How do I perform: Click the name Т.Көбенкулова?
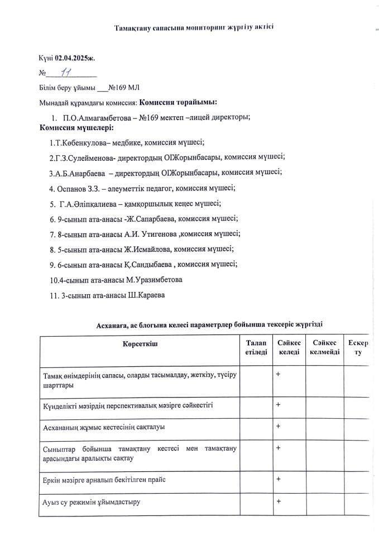tap(79, 142)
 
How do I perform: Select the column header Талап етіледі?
tap(256, 347)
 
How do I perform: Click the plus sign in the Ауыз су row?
tap(278, 501)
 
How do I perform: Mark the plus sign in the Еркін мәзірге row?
tap(278, 479)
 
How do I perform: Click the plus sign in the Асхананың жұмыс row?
tap(278, 426)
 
